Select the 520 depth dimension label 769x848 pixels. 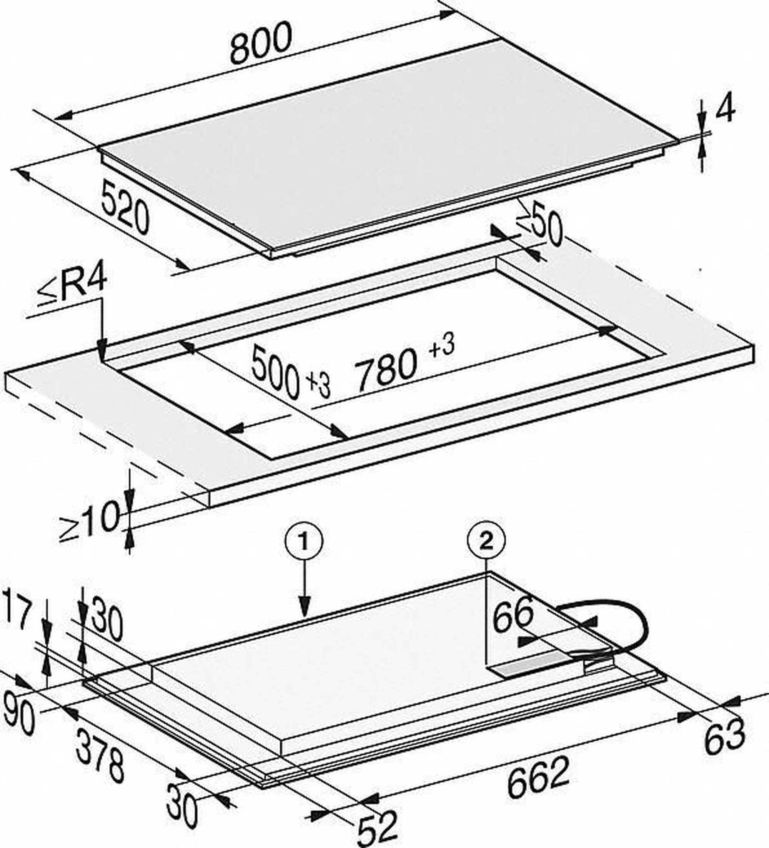pyautogui.click(x=125, y=206)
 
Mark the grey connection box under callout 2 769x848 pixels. pyautogui.click(x=536, y=665)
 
